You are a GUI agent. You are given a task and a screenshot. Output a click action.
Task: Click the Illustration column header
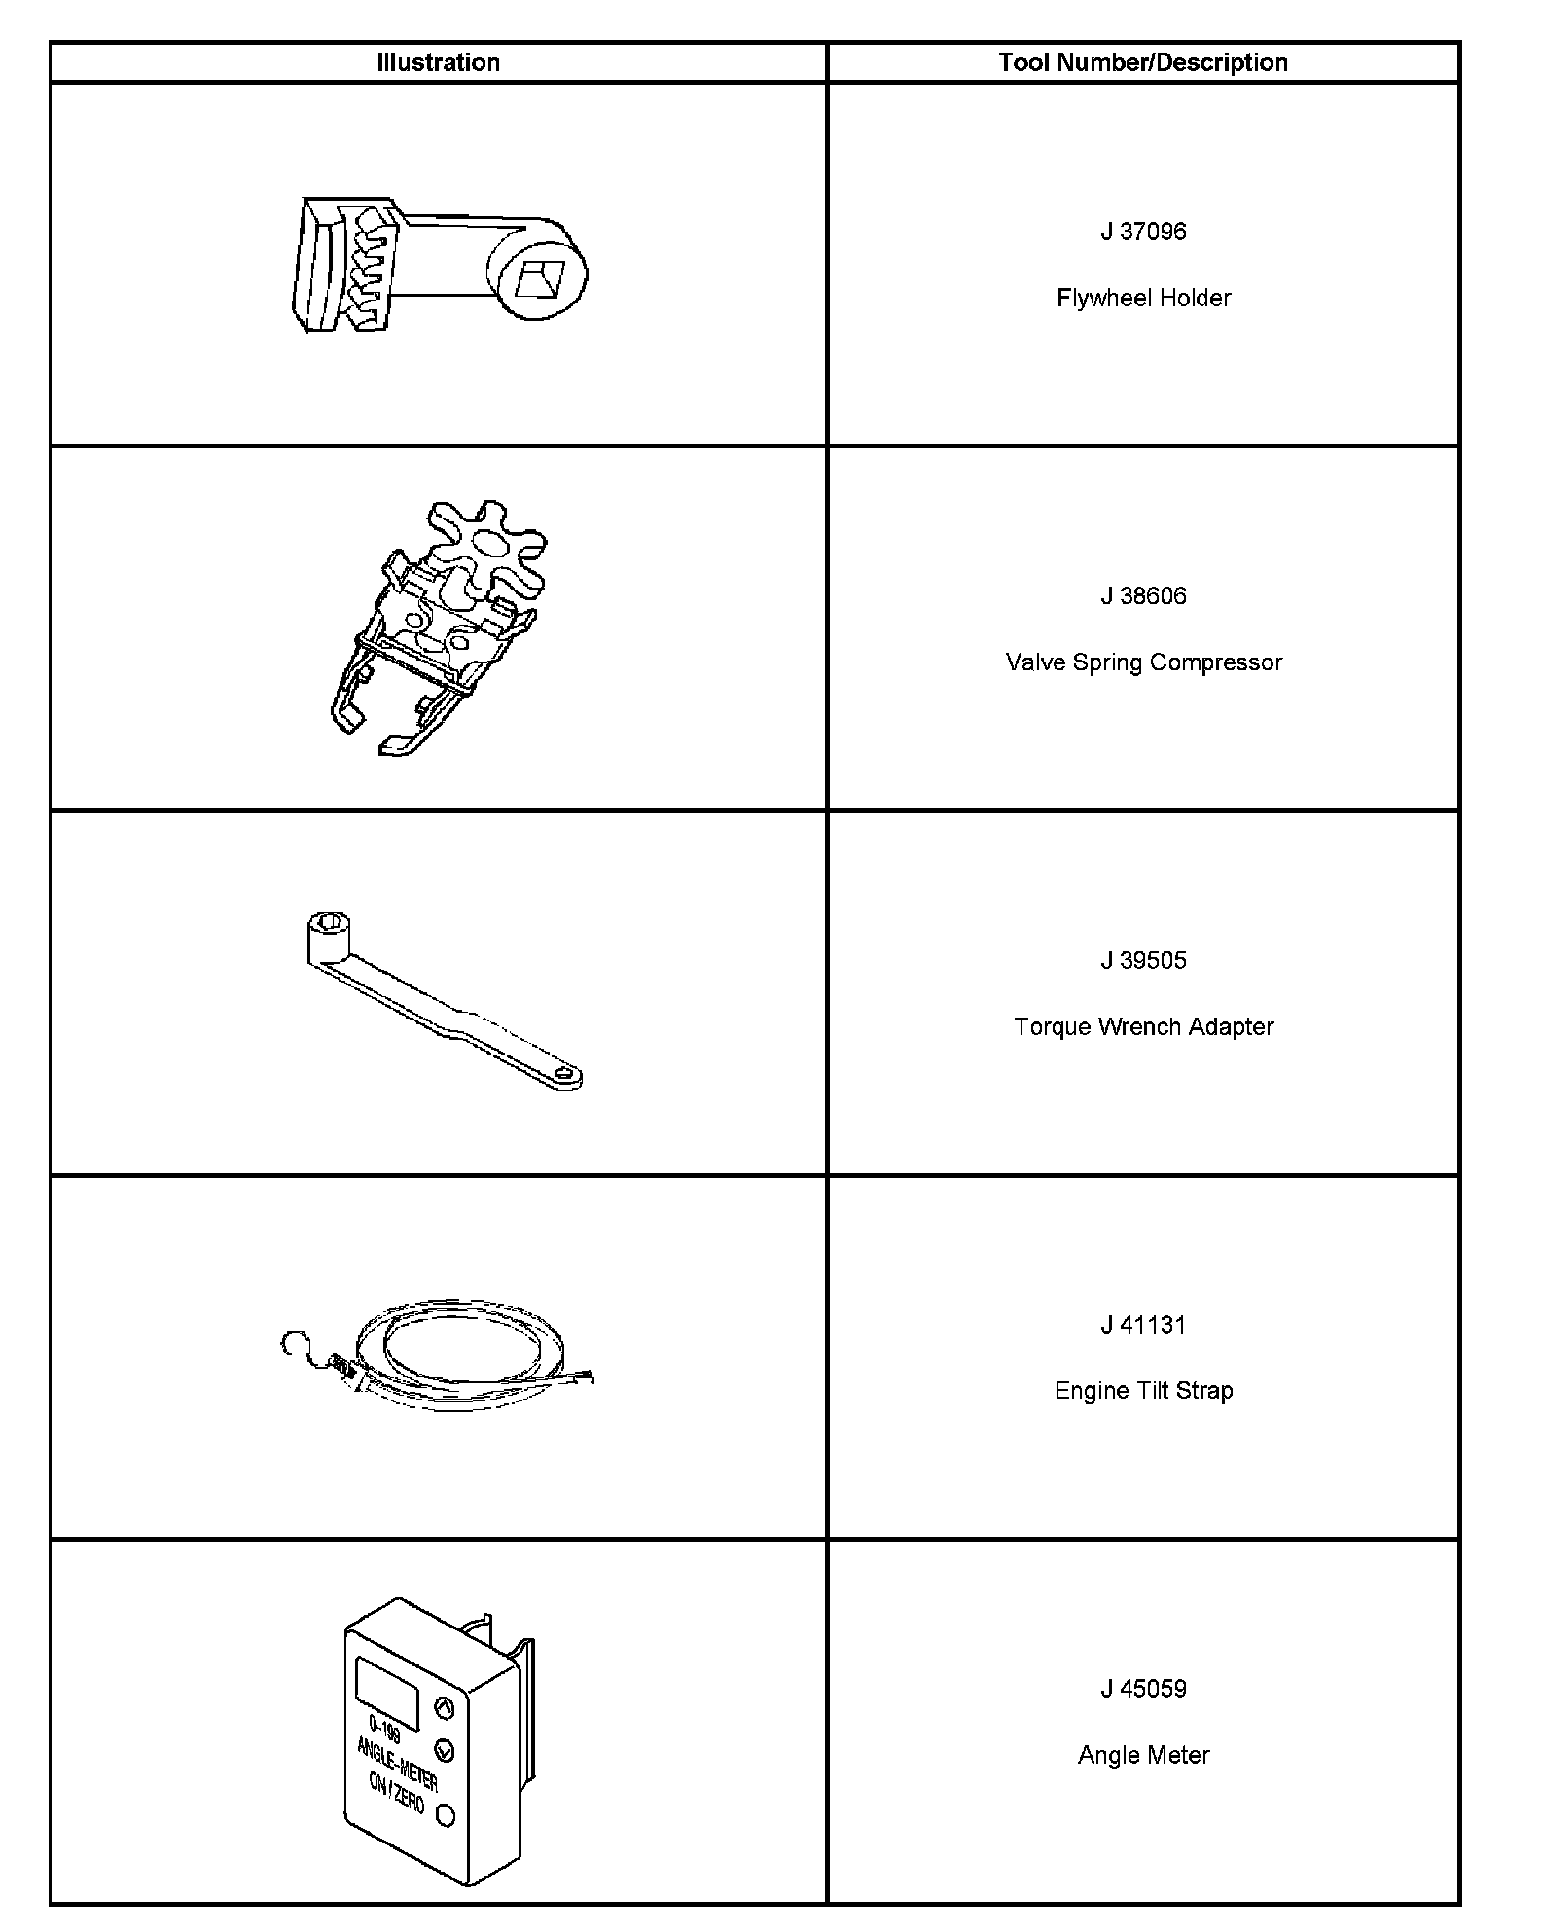(x=438, y=63)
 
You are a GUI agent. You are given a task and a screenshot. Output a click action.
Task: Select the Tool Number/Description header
(x=1143, y=63)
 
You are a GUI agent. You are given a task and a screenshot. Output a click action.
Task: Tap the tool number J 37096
(x=1143, y=232)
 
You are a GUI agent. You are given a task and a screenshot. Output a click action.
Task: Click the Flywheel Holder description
(x=1143, y=298)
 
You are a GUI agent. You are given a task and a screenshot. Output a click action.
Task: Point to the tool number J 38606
(x=1143, y=595)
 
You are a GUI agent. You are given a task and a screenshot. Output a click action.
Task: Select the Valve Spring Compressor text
(x=1143, y=662)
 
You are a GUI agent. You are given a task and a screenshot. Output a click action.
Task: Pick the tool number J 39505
(x=1143, y=960)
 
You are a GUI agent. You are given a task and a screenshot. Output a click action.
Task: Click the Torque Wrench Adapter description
(x=1143, y=1026)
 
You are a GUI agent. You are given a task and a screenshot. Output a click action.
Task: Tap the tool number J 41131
(x=1143, y=1325)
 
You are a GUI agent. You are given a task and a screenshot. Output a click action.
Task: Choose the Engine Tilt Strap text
(x=1143, y=1391)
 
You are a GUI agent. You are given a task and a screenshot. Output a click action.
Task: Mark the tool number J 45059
(x=1143, y=1689)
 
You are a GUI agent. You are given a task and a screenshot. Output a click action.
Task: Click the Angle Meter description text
(x=1143, y=1755)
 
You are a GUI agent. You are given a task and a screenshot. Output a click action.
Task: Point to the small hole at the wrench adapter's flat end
(x=563, y=1075)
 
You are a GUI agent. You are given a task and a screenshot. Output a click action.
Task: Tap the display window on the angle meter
(x=387, y=1693)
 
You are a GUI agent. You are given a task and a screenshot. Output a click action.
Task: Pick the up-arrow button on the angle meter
(x=443, y=1707)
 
